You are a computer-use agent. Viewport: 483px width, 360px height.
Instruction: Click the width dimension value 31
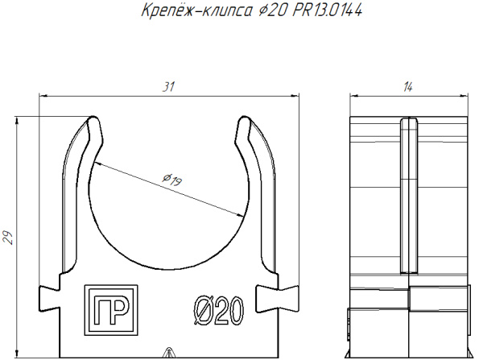point(167,86)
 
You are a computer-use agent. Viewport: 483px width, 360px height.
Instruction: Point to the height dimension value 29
point(7,236)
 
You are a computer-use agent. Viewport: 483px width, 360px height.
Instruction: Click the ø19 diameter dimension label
point(171,180)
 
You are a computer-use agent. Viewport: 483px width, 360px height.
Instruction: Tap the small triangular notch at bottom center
point(167,353)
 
